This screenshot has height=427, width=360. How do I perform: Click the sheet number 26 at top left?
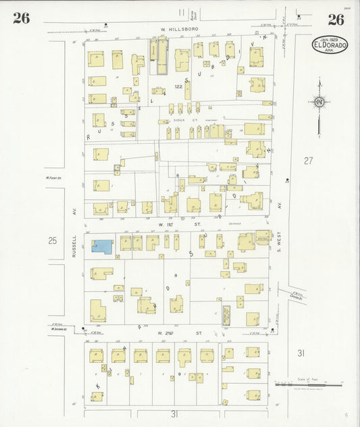21,18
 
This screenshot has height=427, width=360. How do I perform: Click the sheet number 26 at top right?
336,19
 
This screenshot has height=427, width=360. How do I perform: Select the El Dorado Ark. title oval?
330,45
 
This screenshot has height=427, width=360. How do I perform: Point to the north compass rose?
319,102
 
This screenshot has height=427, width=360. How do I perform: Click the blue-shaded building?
103,247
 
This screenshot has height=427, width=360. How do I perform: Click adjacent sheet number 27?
309,161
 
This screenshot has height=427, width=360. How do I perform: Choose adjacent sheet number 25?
53,240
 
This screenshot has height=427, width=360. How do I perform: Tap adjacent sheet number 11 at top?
181,12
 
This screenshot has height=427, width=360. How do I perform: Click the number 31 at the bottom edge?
174,413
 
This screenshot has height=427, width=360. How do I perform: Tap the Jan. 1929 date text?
330,40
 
